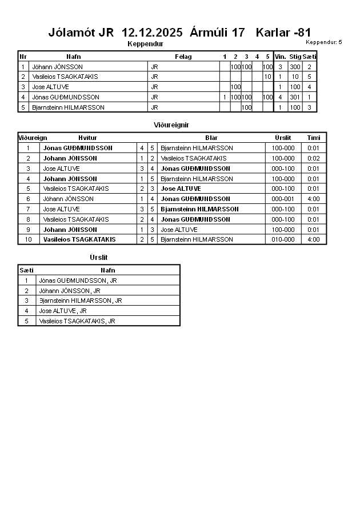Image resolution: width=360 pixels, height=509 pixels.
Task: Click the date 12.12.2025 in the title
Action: pos(152,33)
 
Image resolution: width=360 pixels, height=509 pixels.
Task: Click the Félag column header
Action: pos(183,57)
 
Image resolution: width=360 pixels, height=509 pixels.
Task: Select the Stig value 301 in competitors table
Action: pos(295,97)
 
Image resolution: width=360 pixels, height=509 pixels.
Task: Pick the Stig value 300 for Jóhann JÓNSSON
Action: pos(295,67)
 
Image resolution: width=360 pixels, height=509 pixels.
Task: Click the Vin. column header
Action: pos(280,57)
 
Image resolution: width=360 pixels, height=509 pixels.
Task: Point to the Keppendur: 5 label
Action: pos(323,42)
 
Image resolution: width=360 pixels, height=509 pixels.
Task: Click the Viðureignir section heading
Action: pos(171,125)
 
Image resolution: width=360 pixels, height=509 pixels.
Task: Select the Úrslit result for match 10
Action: pos(283,239)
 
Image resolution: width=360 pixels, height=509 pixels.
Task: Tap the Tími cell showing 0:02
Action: pos(313,158)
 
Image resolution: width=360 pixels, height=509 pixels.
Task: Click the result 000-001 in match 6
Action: pos(283,199)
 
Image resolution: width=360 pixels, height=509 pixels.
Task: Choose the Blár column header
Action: pos(211,138)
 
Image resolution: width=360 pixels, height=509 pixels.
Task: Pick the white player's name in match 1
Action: pos(78,148)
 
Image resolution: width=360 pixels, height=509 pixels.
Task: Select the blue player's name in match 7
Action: pos(199,209)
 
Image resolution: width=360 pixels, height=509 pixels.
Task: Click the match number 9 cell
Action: pos(27,230)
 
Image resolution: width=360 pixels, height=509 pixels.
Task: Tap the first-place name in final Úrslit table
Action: pos(78,280)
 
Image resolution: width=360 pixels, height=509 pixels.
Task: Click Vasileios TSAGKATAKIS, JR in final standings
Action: pos(77,321)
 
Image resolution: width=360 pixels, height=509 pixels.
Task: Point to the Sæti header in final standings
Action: pos(26,270)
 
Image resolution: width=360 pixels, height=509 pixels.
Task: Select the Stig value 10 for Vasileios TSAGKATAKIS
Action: pos(295,77)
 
